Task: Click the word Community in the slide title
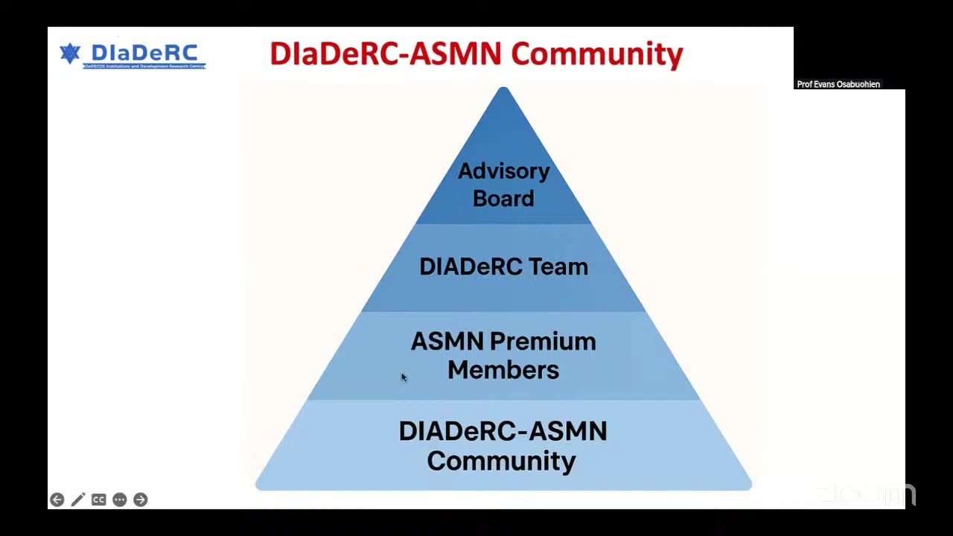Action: click(596, 55)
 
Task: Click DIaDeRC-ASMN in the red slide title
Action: click(385, 54)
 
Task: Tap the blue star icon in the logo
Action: click(70, 54)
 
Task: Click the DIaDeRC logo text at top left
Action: click(144, 54)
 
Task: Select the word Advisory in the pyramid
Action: click(503, 171)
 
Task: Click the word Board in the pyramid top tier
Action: click(503, 199)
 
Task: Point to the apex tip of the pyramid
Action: click(503, 89)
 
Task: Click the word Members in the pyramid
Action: click(503, 370)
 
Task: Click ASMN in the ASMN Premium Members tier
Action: click(447, 342)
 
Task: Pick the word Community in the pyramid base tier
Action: click(501, 461)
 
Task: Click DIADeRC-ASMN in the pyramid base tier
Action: click(503, 431)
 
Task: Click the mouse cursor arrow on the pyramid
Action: click(403, 377)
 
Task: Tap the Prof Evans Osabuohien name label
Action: click(838, 84)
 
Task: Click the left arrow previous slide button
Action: click(57, 500)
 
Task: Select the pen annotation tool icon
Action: click(78, 500)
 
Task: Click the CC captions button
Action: click(98, 500)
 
